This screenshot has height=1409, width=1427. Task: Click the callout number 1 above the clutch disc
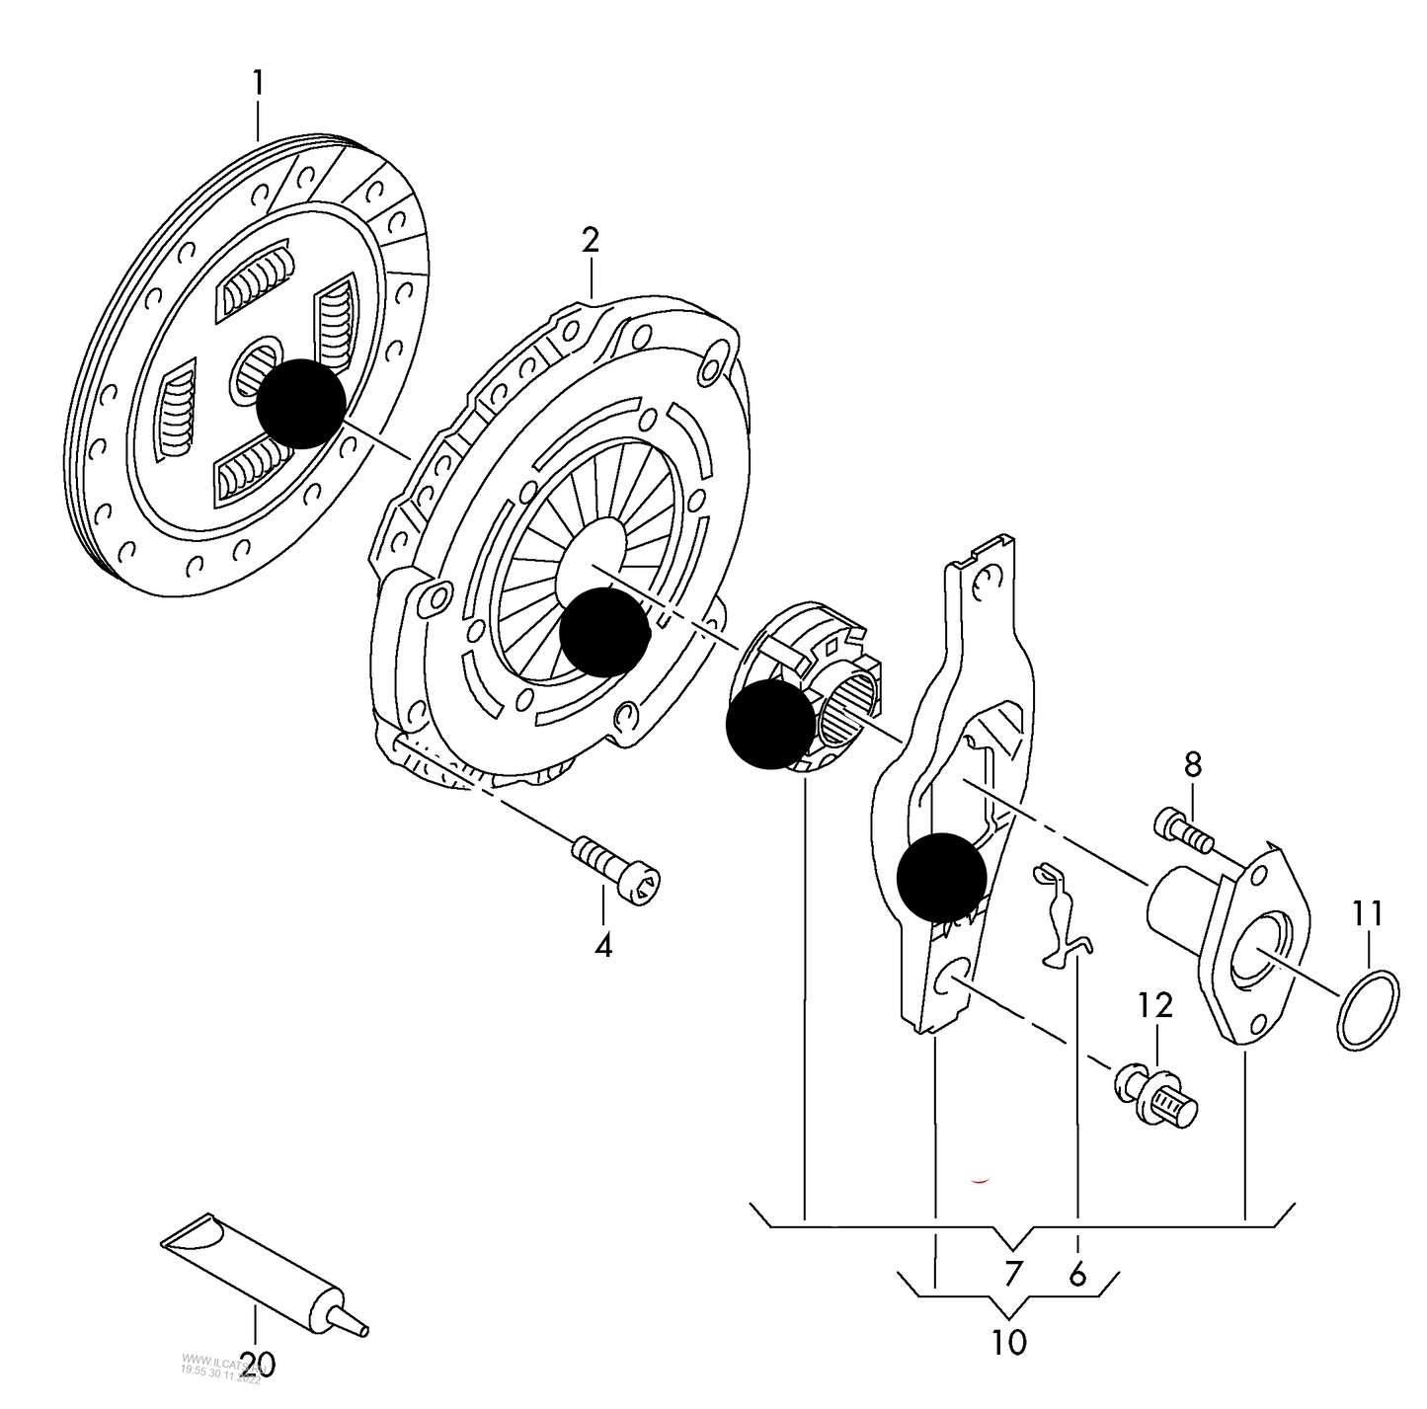pyautogui.click(x=258, y=83)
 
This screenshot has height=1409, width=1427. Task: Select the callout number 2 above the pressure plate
pyautogui.click(x=590, y=240)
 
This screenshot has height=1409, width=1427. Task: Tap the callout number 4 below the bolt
pyautogui.click(x=603, y=945)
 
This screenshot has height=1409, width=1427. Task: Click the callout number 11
pyautogui.click(x=1368, y=913)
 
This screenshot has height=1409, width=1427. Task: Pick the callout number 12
pyautogui.click(x=1154, y=1005)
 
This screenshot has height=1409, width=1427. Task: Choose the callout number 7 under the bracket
pyautogui.click(x=1011, y=1274)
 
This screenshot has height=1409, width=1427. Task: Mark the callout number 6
pyautogui.click(x=1077, y=1274)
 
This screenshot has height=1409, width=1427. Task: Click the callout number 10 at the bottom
pyautogui.click(x=1008, y=1342)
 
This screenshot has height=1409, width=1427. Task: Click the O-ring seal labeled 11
pyautogui.click(x=1368, y=1009)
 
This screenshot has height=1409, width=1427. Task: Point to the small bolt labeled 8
pyautogui.click(x=1182, y=828)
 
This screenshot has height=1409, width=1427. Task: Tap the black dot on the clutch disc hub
pyautogui.click(x=301, y=404)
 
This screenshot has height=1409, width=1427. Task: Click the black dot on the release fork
pyautogui.click(x=941, y=877)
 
